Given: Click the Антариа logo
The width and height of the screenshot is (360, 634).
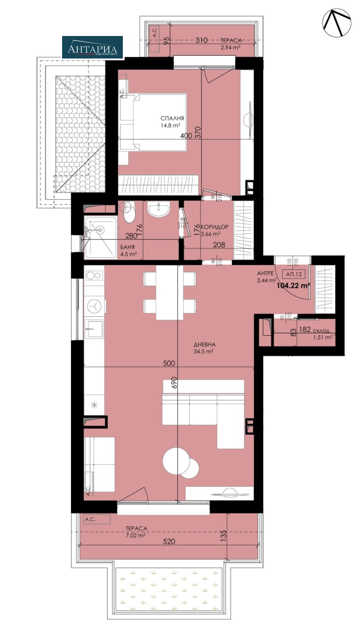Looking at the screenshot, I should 92,47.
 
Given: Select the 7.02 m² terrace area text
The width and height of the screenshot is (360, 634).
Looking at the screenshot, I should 136,535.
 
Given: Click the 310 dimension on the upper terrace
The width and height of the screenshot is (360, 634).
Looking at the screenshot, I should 202,40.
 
